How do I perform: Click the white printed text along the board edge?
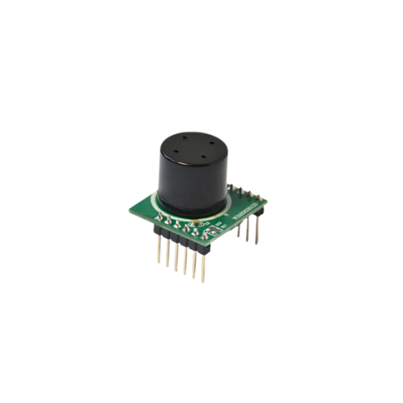pos(241,211)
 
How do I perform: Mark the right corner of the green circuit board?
pos(266,197)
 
